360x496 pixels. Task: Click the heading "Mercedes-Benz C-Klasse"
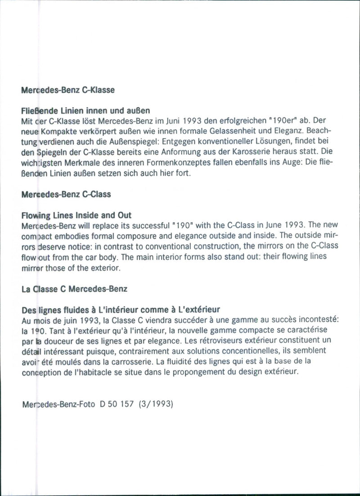[x=67, y=89]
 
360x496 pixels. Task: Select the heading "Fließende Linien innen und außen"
[x=85, y=110]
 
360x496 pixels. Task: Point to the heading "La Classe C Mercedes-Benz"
[x=74, y=289]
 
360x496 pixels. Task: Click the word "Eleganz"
[x=294, y=130]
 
